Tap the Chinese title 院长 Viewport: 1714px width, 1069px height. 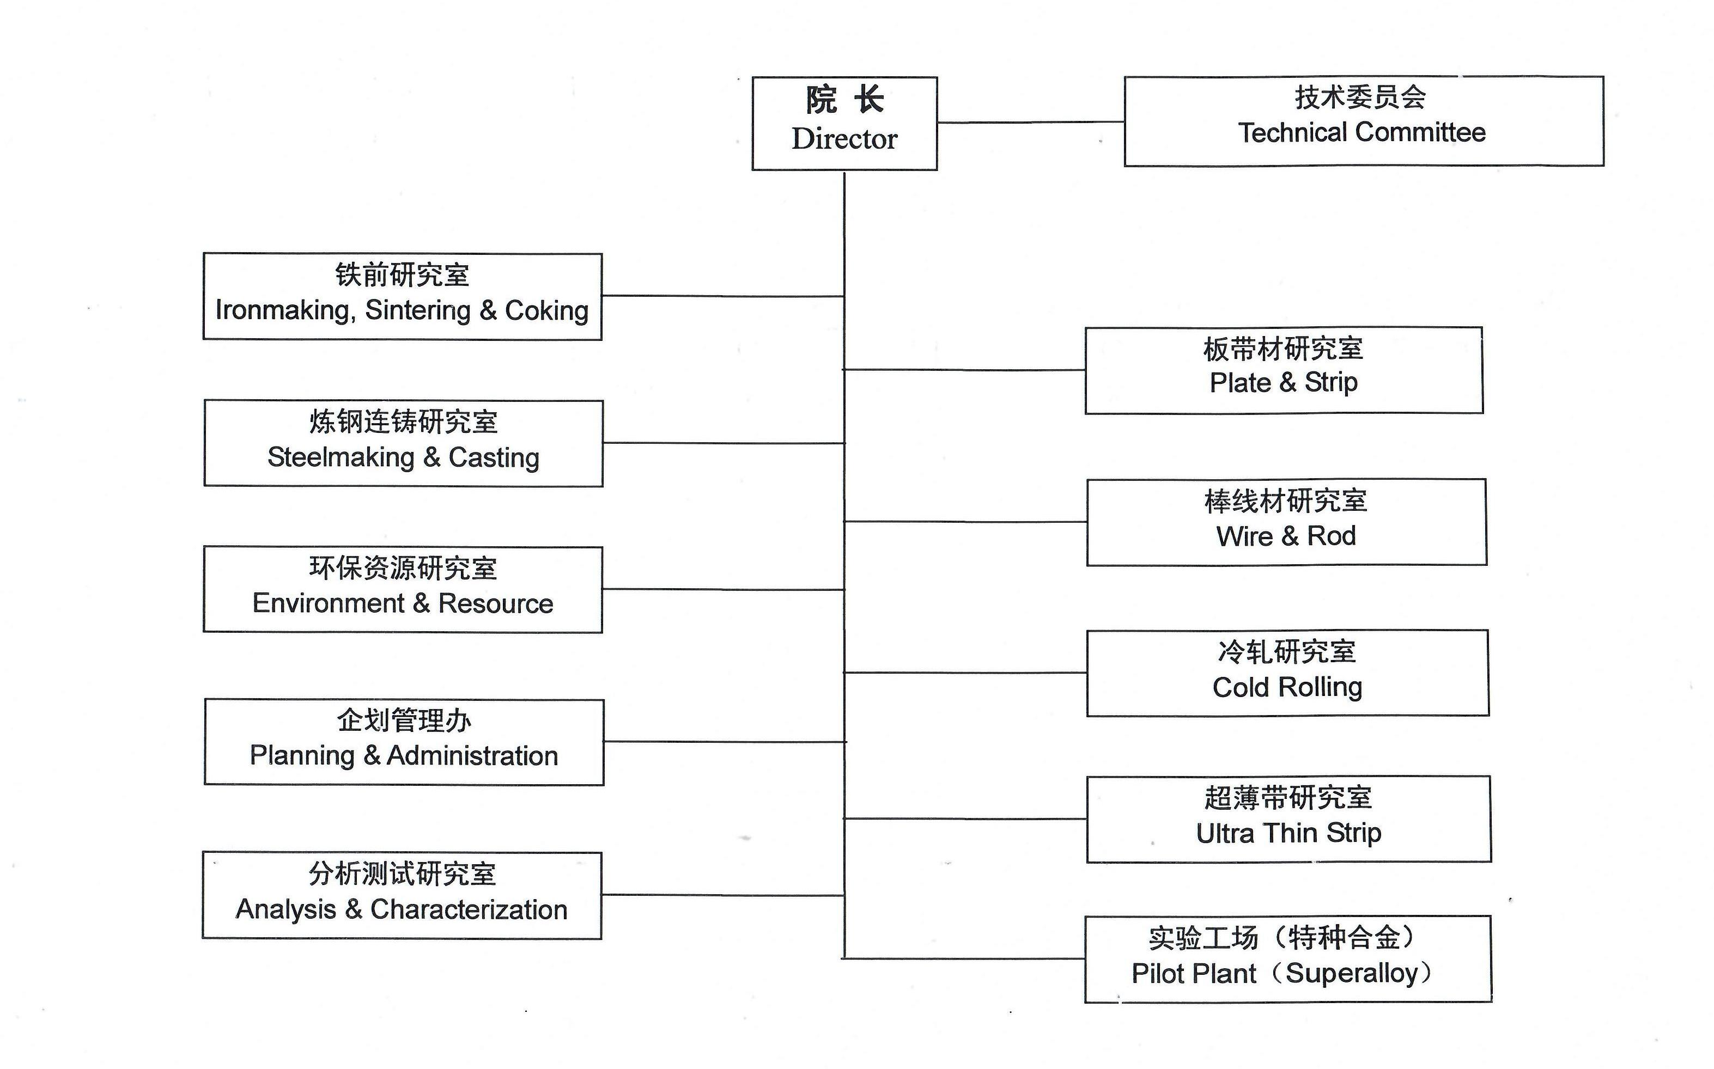tap(844, 100)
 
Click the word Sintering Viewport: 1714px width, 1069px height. tap(417, 310)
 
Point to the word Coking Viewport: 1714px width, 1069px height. tap(546, 310)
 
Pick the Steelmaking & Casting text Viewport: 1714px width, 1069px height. tap(403, 457)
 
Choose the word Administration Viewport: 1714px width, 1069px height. tap(472, 756)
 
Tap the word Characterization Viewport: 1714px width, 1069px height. tap(468, 909)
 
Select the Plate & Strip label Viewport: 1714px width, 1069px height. tap(1284, 382)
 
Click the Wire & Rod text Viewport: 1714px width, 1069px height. tap(1286, 536)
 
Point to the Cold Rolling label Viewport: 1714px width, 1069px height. tap(1287, 687)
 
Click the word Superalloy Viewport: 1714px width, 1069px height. tap(1351, 974)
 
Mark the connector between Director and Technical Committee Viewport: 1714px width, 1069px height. tap(1030, 123)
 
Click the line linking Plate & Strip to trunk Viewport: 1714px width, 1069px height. tap(964, 370)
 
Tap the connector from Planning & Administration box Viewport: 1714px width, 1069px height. tap(724, 742)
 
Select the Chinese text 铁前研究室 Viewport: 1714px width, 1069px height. tap(402, 275)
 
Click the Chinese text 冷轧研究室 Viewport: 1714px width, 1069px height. tap(1287, 652)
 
